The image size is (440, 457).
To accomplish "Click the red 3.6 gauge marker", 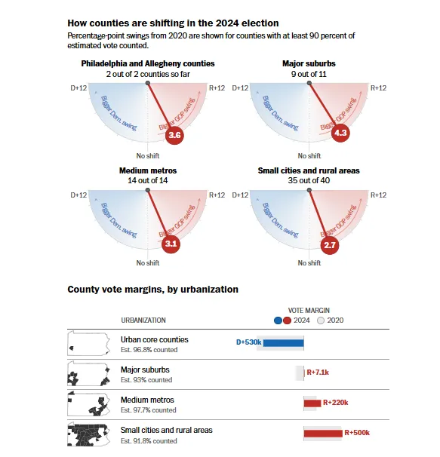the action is [x=174, y=135].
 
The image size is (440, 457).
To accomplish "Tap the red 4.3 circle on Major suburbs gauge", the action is [x=340, y=133].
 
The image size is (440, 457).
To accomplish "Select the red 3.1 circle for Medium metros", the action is [x=171, y=244].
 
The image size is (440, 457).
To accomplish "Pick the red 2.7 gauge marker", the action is [x=330, y=245].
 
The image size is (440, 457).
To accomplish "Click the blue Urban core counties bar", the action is [x=283, y=343].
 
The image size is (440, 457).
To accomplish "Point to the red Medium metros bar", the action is [x=312, y=403].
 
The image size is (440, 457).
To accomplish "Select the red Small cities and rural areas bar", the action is [x=323, y=434].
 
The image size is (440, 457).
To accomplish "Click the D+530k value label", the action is [x=248, y=342].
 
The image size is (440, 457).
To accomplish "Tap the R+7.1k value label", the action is [x=318, y=373].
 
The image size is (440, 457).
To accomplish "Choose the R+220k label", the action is [x=336, y=403].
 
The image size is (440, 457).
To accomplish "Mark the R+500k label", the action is [x=357, y=433].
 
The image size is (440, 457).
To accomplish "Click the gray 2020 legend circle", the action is [x=321, y=321].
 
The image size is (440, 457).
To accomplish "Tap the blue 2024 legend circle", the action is [x=278, y=321].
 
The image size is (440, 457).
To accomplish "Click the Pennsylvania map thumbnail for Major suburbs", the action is [x=89, y=373].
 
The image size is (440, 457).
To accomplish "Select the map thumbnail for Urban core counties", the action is [x=89, y=343].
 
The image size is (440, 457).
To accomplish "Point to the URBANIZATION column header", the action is [x=143, y=321].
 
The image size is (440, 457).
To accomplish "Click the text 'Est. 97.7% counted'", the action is [x=149, y=410].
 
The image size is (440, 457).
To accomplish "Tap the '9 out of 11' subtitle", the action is [x=309, y=74].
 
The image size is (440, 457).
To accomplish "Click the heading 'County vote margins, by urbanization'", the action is [x=153, y=290].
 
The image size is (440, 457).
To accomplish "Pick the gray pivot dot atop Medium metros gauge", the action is [x=148, y=190].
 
